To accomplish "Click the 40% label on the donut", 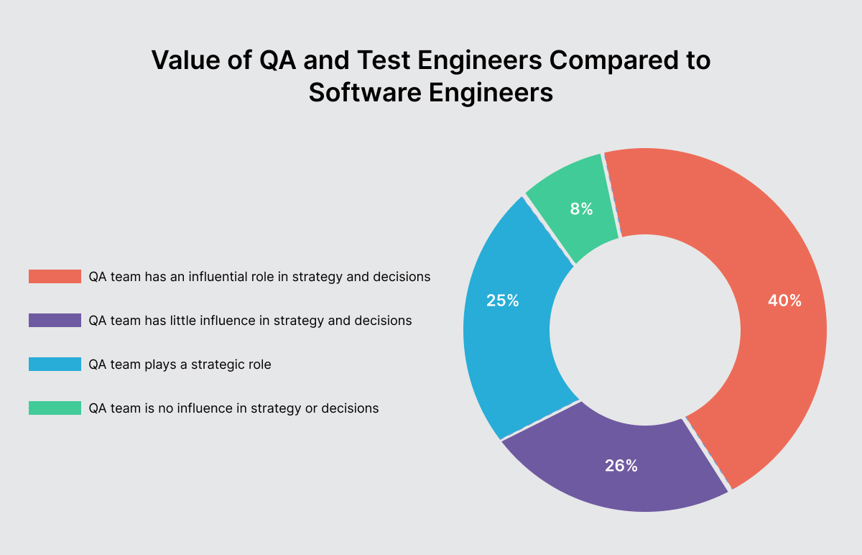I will [784, 301].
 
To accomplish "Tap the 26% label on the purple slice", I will [621, 466].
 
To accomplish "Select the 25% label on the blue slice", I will [502, 301].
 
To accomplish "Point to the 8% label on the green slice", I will [582, 209].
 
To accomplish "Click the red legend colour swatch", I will [55, 277].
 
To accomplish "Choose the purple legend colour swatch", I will [55, 321].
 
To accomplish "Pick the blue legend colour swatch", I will [55, 364].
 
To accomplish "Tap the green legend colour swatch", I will [55, 408].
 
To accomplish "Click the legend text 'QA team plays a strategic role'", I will [180, 364].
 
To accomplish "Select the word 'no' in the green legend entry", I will [162, 408].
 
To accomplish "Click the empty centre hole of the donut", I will [644, 330].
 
